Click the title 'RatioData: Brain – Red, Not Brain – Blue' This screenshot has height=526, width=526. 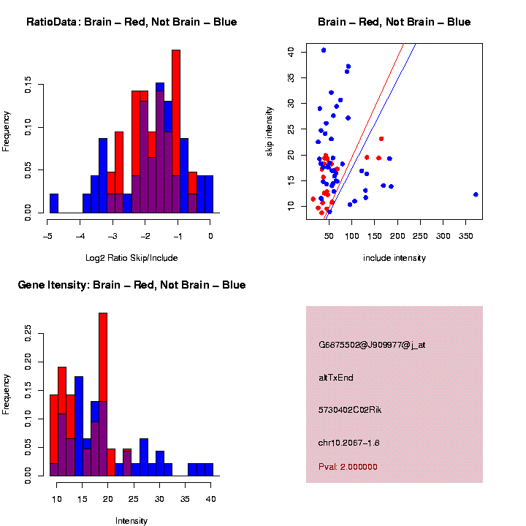coord(131,22)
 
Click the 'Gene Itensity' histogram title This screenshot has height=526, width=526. coord(131,285)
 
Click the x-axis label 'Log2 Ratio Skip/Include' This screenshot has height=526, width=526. coord(132,257)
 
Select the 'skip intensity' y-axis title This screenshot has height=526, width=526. coord(270,130)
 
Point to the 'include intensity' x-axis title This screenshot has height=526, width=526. coord(394,258)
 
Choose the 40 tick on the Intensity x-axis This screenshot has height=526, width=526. coord(210,498)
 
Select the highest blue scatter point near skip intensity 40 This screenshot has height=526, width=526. coord(324,50)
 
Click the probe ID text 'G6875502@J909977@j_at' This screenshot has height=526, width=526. coord(372,345)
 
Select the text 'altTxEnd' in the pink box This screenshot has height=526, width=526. coord(336,378)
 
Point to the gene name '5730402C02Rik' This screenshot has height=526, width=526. coord(350,410)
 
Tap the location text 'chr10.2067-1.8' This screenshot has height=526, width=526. coord(349,443)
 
